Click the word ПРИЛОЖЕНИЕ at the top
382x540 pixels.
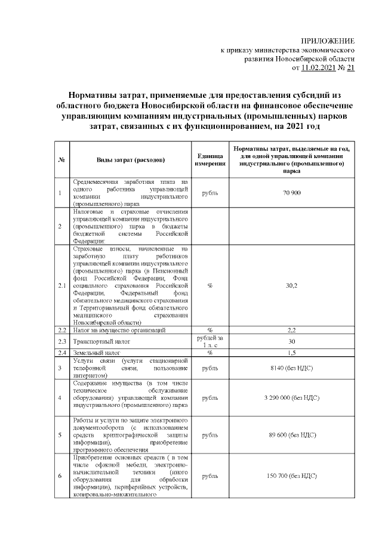331,41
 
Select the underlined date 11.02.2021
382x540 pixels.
319,69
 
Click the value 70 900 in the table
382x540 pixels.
291,193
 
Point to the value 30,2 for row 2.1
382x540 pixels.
291,286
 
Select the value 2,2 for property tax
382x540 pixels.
291,330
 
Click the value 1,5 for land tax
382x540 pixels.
291,353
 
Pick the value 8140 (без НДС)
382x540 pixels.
291,368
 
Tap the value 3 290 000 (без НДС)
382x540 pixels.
291,397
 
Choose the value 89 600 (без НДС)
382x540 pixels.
291,435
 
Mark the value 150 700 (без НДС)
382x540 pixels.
291,476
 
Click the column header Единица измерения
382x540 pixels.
210,159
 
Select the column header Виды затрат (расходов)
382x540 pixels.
131,160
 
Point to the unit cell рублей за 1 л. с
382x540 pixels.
210,342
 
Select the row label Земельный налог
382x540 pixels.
95,353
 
